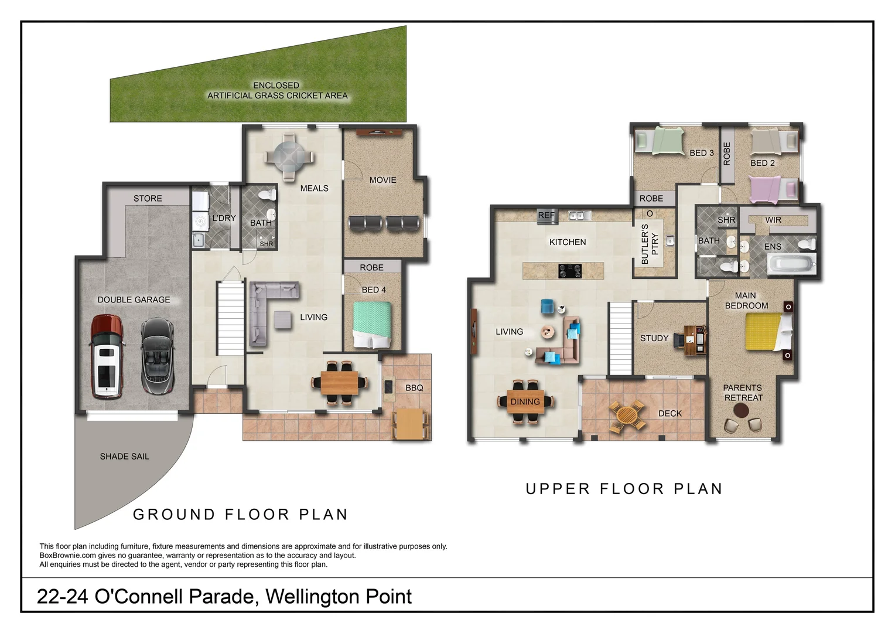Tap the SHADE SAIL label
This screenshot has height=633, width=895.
point(124,457)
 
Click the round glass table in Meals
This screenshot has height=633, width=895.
point(289,156)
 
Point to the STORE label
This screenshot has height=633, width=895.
point(148,199)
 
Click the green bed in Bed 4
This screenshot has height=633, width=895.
point(372,325)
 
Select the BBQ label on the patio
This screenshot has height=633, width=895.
point(414,388)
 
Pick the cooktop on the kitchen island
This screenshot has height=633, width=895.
point(569,271)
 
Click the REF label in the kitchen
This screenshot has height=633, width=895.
point(546,216)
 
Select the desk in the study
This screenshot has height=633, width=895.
point(694,340)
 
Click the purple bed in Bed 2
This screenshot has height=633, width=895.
point(774,190)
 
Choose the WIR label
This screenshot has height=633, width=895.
point(773,220)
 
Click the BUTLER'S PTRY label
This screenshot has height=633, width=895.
point(650,244)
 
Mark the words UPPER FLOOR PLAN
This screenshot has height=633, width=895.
point(624,489)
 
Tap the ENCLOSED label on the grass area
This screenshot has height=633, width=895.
point(276,86)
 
